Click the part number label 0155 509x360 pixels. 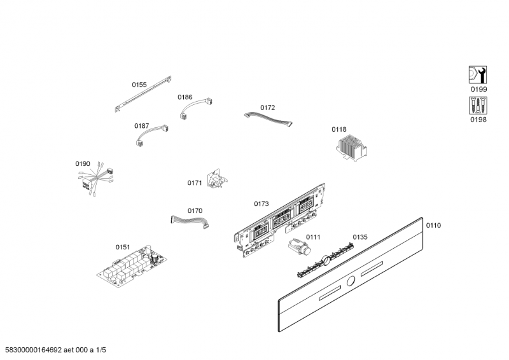(x=139, y=85)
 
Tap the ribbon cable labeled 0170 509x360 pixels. (x=190, y=221)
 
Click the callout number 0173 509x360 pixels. (x=261, y=204)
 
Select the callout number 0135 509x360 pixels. (x=360, y=237)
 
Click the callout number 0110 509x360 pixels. (x=433, y=225)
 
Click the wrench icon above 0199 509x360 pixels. (x=477, y=76)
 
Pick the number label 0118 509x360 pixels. (x=339, y=129)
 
